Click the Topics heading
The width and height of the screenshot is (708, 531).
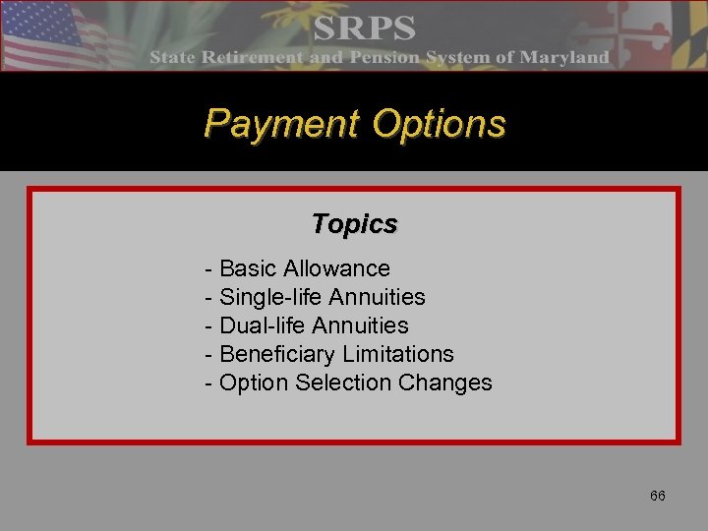tap(354, 224)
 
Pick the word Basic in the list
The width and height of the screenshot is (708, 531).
tap(248, 268)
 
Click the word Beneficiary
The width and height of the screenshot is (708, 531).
tap(276, 354)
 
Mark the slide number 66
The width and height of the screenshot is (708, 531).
tap(657, 496)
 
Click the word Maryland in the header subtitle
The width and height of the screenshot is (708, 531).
tap(564, 57)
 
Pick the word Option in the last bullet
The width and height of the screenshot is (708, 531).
tap(253, 383)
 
